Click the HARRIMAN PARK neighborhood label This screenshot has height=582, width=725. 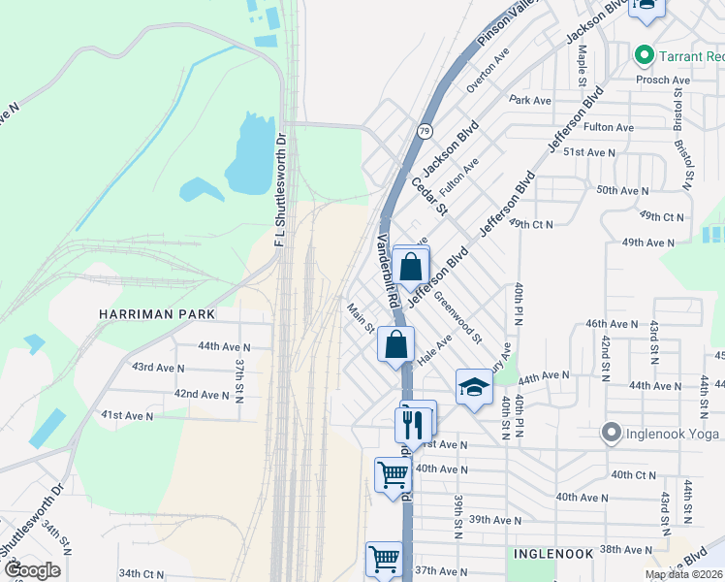(x=155, y=315)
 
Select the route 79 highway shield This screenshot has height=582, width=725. (x=426, y=130)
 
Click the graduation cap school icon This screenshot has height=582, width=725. (x=473, y=387)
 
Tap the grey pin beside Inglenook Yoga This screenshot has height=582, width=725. (x=610, y=432)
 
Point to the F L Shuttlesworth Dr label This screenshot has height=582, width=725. (x=281, y=189)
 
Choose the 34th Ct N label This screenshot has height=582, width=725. (x=142, y=574)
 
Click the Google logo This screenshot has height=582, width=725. (x=32, y=570)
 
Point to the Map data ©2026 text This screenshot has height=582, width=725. (x=684, y=574)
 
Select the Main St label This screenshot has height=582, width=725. (x=362, y=317)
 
